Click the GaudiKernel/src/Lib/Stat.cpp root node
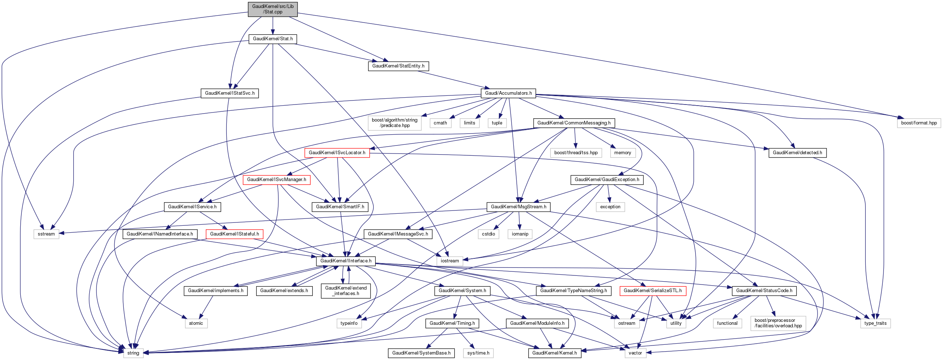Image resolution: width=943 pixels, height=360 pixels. (x=273, y=9)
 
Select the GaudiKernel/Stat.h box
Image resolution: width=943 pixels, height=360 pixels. (x=273, y=39)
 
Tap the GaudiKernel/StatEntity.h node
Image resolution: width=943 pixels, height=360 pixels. (x=398, y=66)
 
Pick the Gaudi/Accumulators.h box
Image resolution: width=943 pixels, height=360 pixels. (x=508, y=93)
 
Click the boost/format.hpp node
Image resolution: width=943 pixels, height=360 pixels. (x=919, y=123)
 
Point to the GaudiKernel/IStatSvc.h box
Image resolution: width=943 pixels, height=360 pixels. (x=230, y=93)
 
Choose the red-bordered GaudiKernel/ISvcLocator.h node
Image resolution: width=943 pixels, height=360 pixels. (x=337, y=153)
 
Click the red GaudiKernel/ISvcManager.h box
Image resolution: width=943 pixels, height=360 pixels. (x=276, y=179)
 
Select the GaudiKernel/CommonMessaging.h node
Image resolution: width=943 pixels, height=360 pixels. (x=574, y=123)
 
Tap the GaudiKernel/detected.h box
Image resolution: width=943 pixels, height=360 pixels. (x=797, y=153)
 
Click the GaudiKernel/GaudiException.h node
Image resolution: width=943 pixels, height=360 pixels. (x=607, y=179)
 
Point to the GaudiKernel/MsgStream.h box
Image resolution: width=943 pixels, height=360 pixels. (x=518, y=207)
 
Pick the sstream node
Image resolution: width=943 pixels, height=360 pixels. (x=46, y=234)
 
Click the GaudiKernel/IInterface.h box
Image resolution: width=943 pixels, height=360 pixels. (x=345, y=261)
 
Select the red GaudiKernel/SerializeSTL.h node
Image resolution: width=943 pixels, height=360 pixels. (x=653, y=291)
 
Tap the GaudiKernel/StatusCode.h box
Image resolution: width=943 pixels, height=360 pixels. (x=764, y=291)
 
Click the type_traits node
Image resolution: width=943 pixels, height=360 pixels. (x=875, y=323)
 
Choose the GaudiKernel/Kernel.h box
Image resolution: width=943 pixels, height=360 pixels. (x=554, y=353)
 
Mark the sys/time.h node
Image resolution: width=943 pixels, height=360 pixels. (x=478, y=353)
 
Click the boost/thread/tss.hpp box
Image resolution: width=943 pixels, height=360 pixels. (x=576, y=153)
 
